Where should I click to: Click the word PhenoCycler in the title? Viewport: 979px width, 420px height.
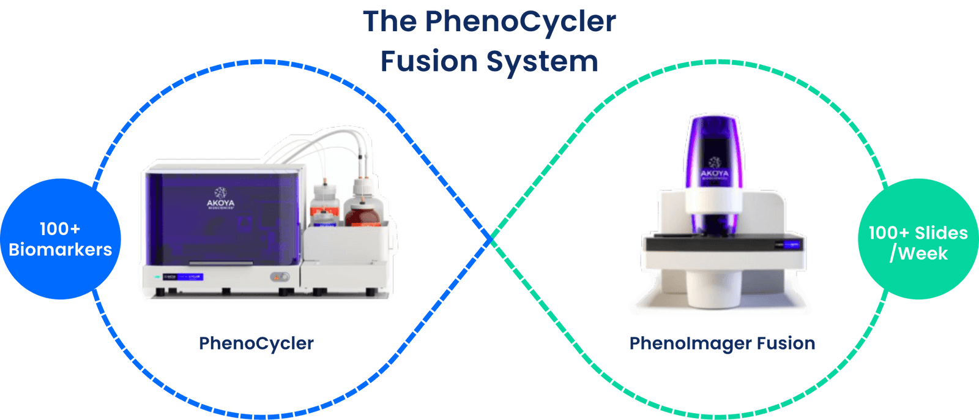[520, 21]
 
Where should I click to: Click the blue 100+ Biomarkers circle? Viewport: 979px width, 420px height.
[60, 239]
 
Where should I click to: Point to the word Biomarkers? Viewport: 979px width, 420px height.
[60, 250]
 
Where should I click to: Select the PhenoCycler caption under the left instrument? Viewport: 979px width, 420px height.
[256, 343]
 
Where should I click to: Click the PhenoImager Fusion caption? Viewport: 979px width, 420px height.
[722, 343]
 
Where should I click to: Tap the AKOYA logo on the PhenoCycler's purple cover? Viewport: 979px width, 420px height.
[220, 199]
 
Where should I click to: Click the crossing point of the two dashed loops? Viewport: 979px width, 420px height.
[490, 239]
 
